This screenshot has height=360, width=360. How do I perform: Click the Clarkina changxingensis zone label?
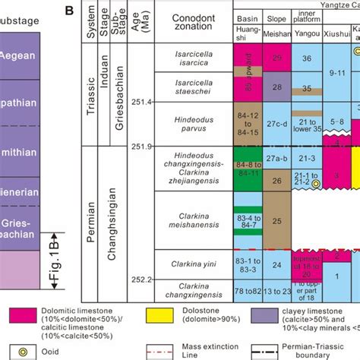coord(193,290)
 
